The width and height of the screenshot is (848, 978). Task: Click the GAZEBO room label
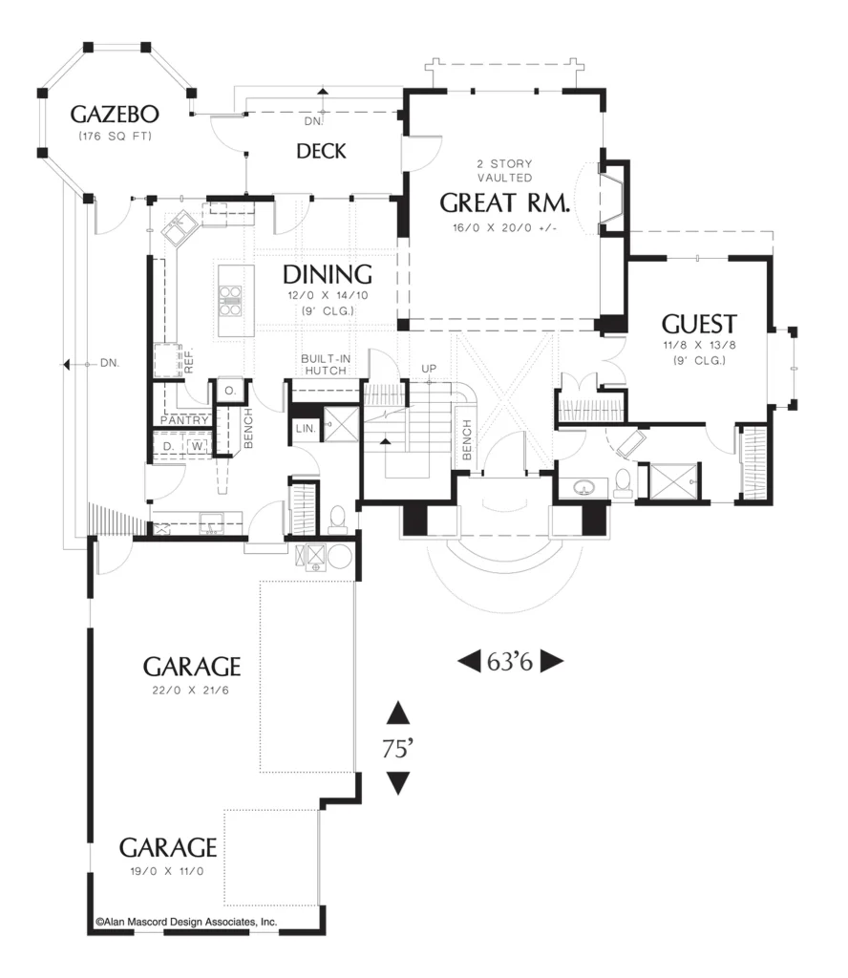point(115,115)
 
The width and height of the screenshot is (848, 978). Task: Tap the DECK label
point(321,151)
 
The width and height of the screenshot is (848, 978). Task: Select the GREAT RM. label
point(505,202)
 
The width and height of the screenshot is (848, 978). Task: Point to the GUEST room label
point(699,325)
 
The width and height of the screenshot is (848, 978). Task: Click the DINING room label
point(328,274)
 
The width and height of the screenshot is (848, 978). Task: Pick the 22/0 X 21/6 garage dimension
point(190,691)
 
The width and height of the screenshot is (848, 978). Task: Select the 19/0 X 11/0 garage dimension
point(167,871)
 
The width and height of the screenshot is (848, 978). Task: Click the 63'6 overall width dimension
point(510,661)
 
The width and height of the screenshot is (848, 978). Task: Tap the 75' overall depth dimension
point(398,749)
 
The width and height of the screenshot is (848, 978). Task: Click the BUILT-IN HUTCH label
point(326,364)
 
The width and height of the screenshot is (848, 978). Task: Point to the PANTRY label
point(184,420)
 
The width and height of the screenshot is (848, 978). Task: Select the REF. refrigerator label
point(189,360)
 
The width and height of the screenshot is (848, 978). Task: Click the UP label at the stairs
point(429,369)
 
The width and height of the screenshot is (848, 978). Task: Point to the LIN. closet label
point(306,429)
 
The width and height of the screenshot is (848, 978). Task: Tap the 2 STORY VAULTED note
point(505,170)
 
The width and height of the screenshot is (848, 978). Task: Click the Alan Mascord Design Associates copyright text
point(186,922)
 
